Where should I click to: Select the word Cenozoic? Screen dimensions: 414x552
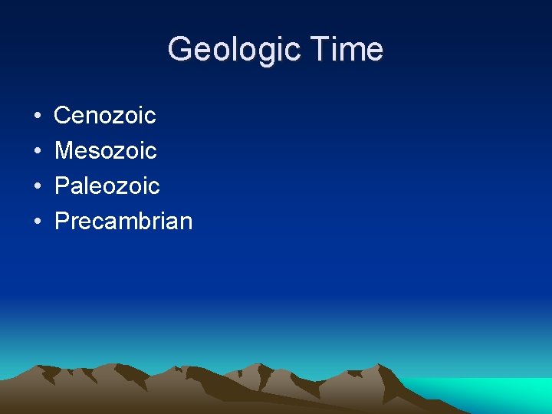tap(105, 116)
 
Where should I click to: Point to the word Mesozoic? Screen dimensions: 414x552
tap(106, 151)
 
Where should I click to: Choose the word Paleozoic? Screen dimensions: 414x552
tap(107, 186)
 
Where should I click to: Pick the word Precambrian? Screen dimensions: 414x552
tap(123, 222)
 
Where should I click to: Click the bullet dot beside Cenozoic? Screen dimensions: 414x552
tap(38, 117)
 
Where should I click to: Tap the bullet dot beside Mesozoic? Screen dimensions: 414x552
tap(38, 152)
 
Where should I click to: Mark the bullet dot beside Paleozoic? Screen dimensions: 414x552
tap(38, 187)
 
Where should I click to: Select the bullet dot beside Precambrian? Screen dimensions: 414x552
tap(38, 222)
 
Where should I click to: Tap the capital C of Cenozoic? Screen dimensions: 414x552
tap(63, 116)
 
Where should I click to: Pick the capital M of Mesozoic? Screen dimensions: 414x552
tap(64, 151)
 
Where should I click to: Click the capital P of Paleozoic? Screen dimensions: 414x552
tap(61, 186)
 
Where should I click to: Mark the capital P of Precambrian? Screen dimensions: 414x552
tap(61, 222)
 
